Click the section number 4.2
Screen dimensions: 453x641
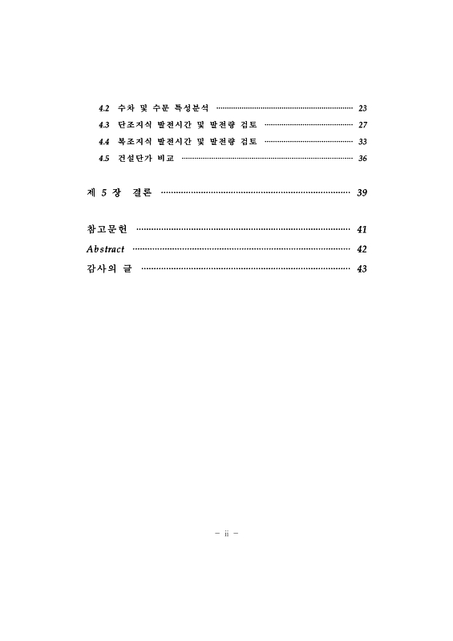coord(103,107)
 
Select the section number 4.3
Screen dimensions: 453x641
coord(103,125)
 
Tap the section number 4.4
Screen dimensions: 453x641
coord(103,142)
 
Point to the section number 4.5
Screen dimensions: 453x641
coord(103,159)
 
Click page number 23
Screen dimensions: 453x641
coord(362,107)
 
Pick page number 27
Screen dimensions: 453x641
coord(362,125)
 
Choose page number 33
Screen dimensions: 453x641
coord(362,142)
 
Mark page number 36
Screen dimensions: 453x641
coord(362,159)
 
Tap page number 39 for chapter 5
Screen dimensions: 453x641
coord(362,193)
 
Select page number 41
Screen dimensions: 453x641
coord(362,230)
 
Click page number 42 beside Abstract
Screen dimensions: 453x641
coord(362,249)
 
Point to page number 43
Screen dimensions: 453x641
coord(362,268)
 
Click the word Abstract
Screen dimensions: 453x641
coord(105,249)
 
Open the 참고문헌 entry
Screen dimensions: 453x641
coord(107,230)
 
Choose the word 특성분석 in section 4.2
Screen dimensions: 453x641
coord(192,107)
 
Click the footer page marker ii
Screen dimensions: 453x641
coord(227,532)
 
